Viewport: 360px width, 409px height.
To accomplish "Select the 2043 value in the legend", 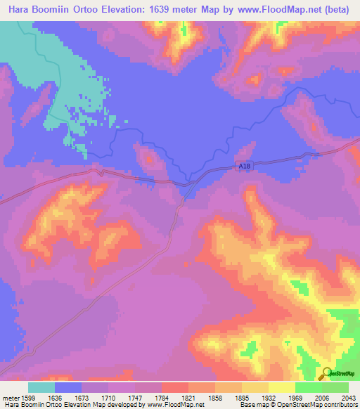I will coord(348,397).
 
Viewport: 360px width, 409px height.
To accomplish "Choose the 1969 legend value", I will coord(295,397).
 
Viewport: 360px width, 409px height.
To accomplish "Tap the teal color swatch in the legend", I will coord(41,387).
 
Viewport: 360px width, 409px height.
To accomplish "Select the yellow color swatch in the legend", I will coord(281,387).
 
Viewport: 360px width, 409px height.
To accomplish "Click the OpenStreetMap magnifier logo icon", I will coord(327,375).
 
